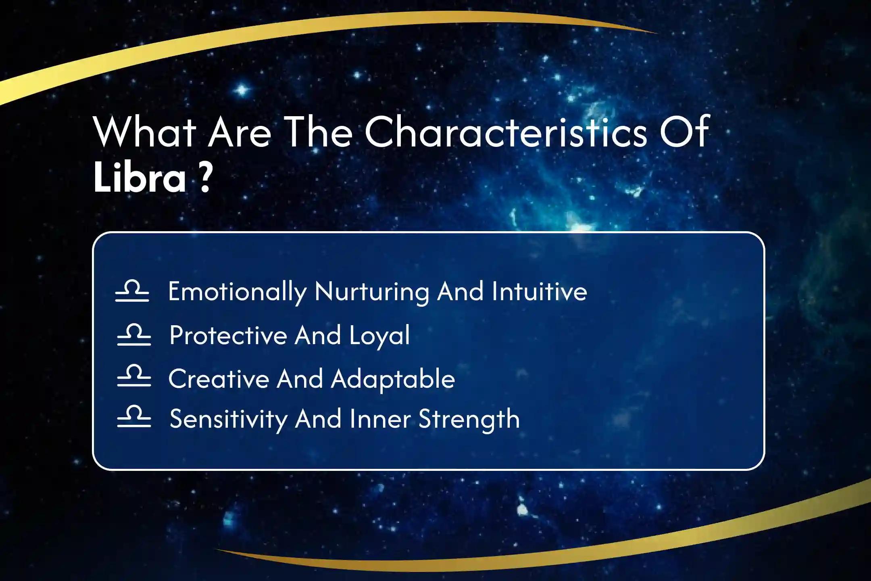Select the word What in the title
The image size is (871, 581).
pyautogui.click(x=145, y=132)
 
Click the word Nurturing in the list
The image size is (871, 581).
pyautogui.click(x=372, y=291)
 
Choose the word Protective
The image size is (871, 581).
pyautogui.click(x=228, y=335)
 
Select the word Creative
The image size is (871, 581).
pyautogui.click(x=219, y=379)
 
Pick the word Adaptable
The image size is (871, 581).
pyautogui.click(x=393, y=379)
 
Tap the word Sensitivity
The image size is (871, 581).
pyautogui.click(x=228, y=419)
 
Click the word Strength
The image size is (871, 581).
pyautogui.click(x=469, y=419)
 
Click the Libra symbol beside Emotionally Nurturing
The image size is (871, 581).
pyautogui.click(x=132, y=291)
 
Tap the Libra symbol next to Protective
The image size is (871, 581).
pyautogui.click(x=134, y=334)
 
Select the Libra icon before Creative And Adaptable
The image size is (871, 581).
pyautogui.click(x=134, y=376)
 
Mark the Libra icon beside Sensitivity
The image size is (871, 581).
pyautogui.click(x=134, y=416)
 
